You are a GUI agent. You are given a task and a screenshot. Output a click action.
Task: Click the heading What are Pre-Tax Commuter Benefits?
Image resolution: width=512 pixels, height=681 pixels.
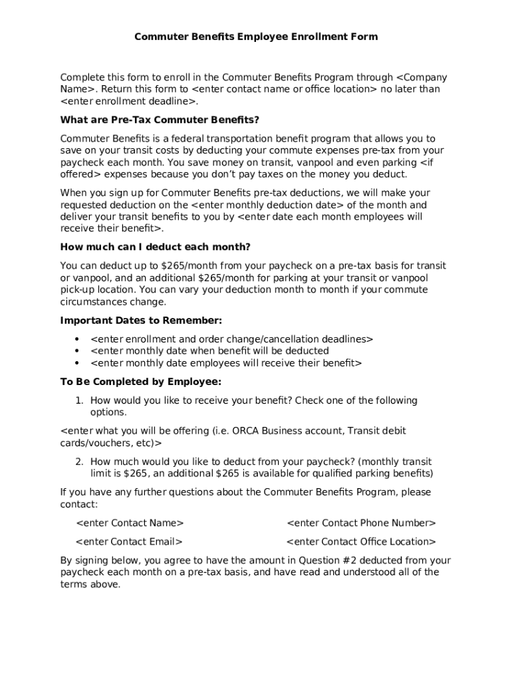tap(160, 120)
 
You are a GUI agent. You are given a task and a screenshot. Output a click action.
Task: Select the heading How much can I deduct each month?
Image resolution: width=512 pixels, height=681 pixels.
tap(155, 247)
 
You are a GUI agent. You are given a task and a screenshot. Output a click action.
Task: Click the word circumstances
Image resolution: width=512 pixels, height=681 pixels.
tap(94, 301)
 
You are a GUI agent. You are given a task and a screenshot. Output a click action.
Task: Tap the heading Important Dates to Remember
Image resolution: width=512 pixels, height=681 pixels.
tap(141, 320)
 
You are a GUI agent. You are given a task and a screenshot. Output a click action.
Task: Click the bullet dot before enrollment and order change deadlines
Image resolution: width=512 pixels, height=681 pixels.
tap(77, 339)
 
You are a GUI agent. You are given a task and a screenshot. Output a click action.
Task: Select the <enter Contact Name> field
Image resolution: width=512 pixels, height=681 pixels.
tap(130, 523)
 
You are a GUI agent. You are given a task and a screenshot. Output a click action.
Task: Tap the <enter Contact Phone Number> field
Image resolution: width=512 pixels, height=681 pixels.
tap(361, 523)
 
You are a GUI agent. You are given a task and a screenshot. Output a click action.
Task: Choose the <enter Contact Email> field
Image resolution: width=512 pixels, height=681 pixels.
tap(129, 541)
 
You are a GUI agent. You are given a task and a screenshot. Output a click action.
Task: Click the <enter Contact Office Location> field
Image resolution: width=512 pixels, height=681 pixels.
tap(361, 541)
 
